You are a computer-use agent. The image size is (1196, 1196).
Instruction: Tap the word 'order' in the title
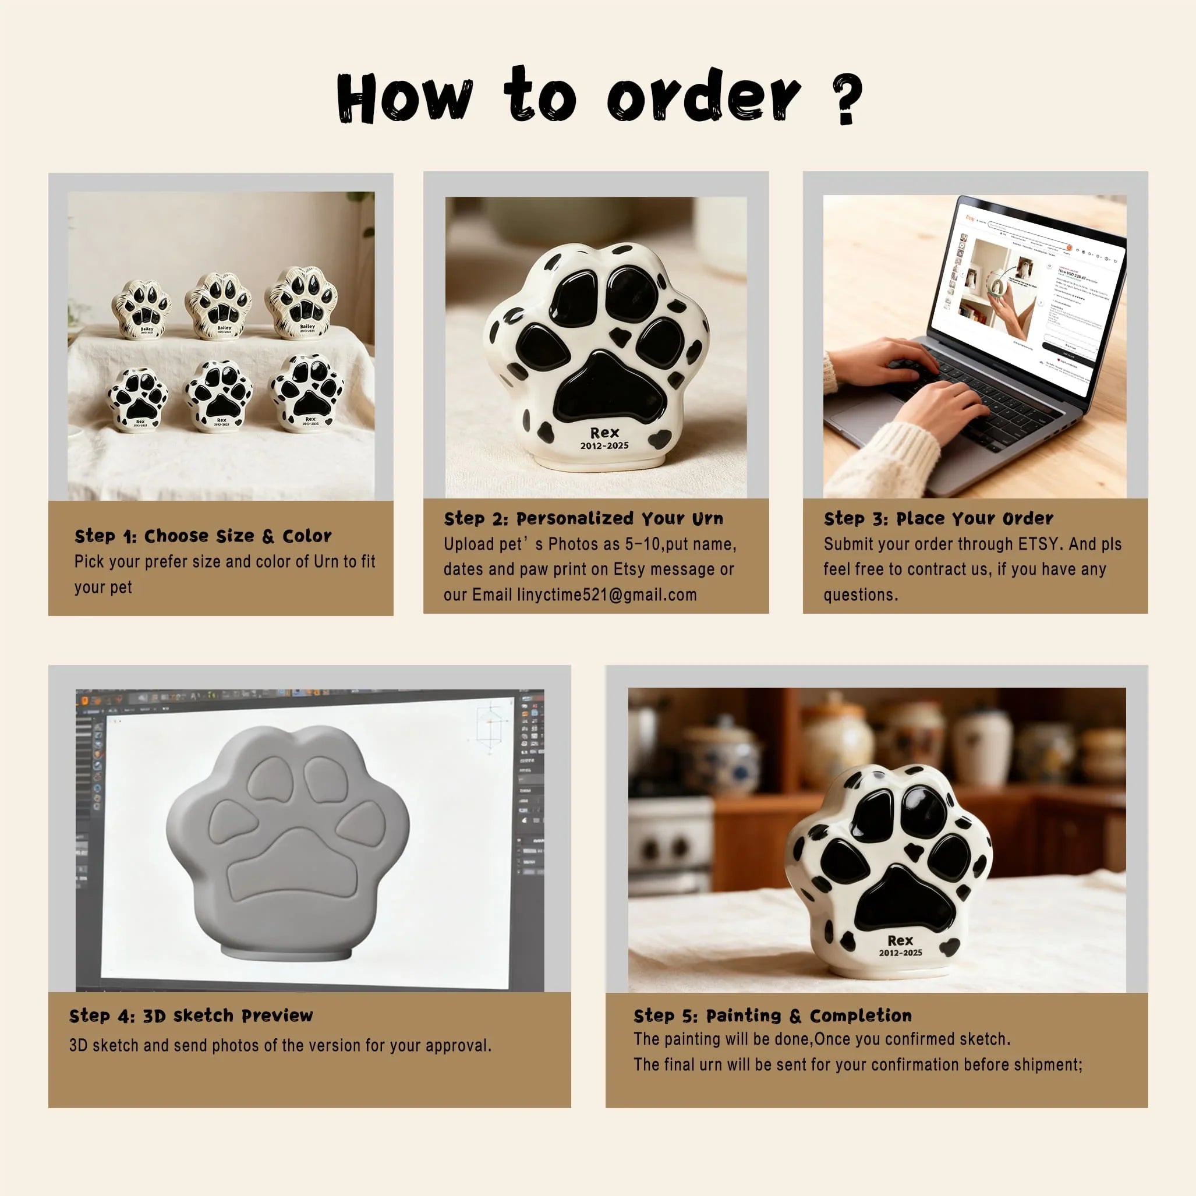point(703,96)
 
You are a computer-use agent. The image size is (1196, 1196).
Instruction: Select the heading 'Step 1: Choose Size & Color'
point(203,536)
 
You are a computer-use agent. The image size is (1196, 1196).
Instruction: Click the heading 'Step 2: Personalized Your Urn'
point(583,519)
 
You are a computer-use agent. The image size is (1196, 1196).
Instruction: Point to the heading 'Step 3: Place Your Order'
point(939,519)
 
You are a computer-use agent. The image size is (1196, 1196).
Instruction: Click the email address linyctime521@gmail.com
point(607,595)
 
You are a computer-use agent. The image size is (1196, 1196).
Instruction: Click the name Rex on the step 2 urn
point(604,433)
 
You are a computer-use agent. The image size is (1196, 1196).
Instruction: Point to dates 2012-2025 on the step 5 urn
point(901,953)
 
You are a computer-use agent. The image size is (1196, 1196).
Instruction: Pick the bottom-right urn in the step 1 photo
point(306,392)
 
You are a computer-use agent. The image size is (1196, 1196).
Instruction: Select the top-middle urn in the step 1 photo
point(218,306)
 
